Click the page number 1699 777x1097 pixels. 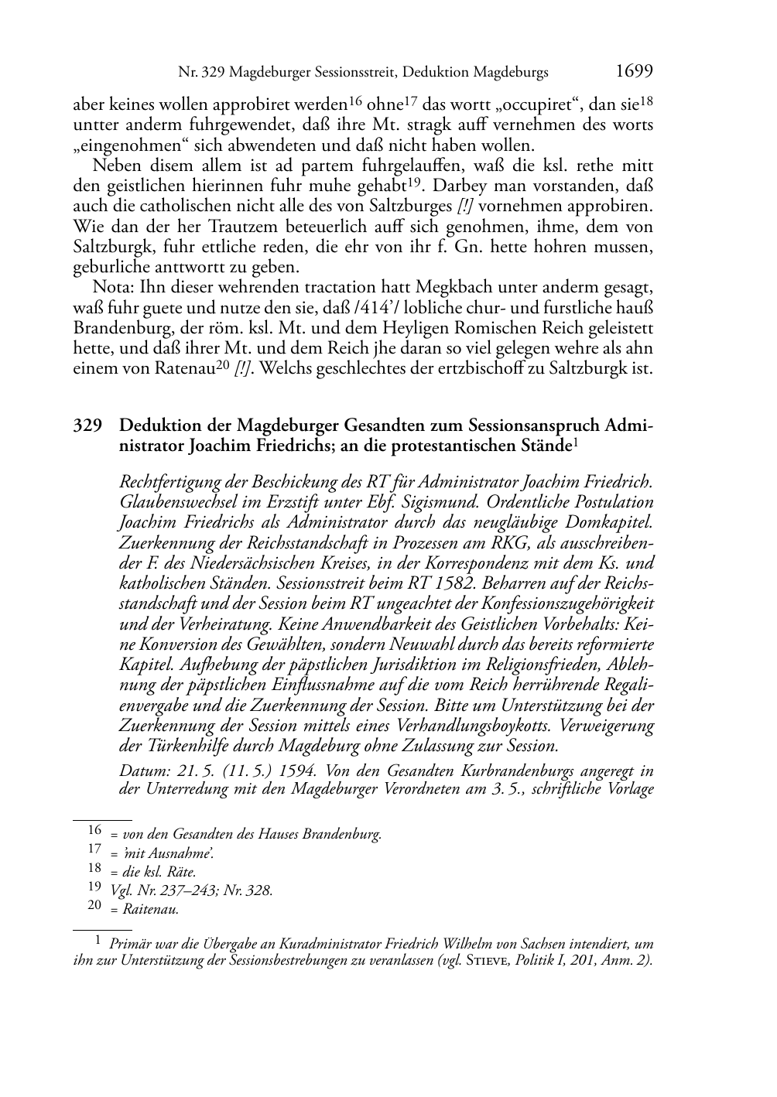click(x=634, y=72)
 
